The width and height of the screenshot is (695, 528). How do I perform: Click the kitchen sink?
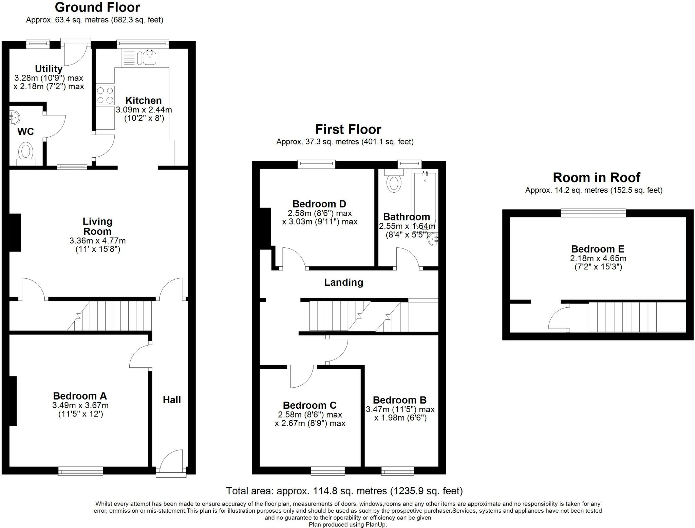click(139, 58)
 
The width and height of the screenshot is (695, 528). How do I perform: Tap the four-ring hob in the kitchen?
click(105, 95)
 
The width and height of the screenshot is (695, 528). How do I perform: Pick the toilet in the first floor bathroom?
click(394, 180)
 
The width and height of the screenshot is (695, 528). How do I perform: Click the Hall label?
click(172, 400)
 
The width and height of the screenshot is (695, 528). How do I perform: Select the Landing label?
click(343, 282)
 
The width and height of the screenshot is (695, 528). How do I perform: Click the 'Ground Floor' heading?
click(97, 7)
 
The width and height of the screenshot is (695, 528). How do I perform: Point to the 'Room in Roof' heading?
click(596, 177)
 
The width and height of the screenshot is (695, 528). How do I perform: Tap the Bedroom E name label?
click(598, 249)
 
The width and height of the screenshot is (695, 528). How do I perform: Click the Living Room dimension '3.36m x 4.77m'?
click(98, 241)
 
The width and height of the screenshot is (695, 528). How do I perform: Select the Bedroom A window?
click(80, 471)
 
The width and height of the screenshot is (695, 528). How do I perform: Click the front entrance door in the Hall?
click(171, 463)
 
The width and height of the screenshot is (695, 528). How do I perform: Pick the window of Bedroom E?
click(593, 213)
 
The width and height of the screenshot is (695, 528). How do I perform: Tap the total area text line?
click(344, 491)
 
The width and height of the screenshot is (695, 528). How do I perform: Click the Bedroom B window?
click(398, 471)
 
